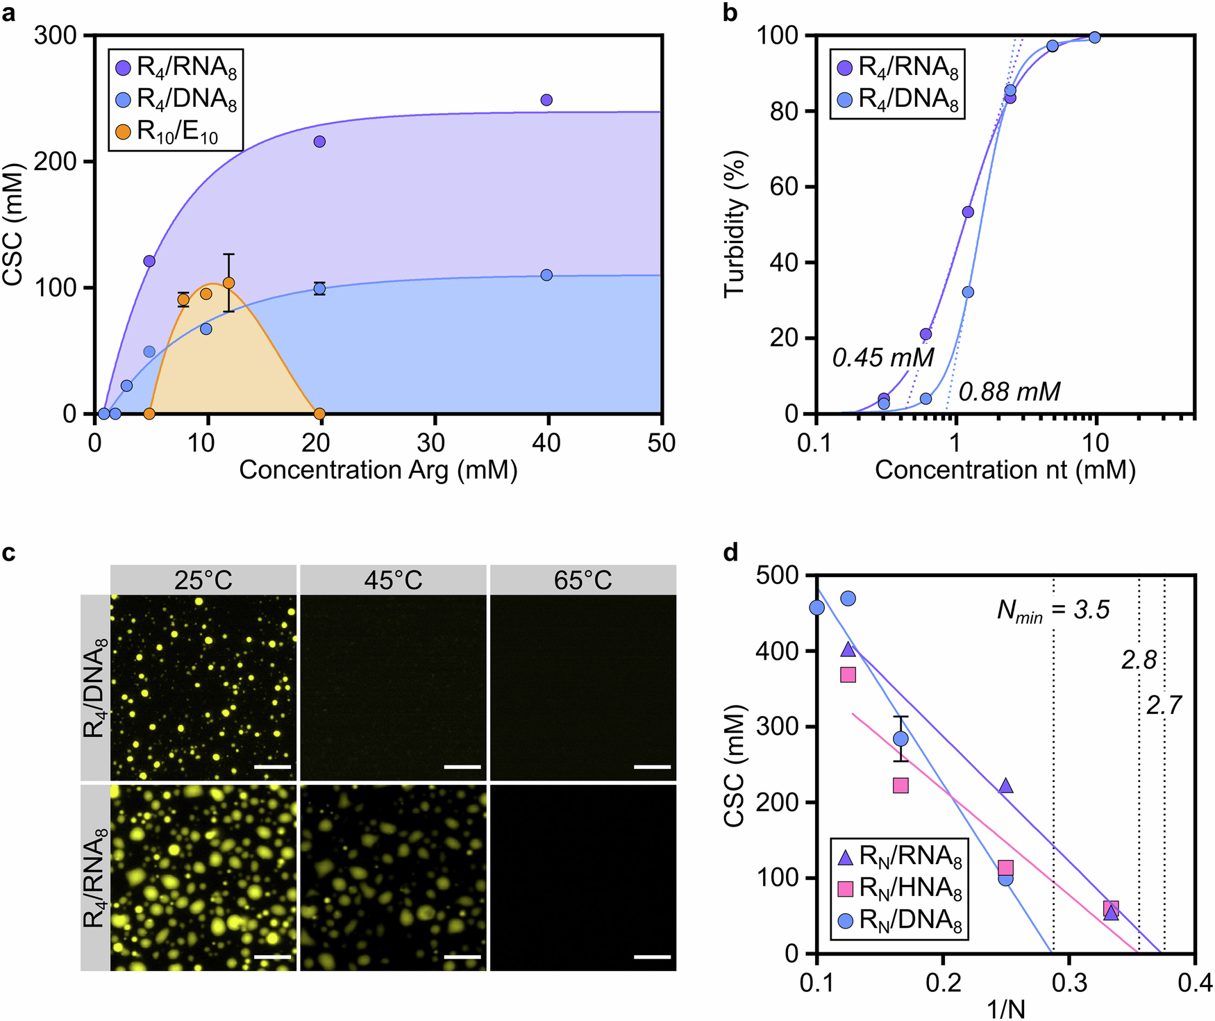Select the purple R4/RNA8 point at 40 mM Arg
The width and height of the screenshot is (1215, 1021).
coord(546,100)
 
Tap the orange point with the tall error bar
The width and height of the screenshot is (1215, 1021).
coord(228,283)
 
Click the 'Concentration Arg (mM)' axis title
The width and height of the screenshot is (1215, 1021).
coord(378,470)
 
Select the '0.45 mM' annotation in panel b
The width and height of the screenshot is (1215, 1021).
coord(882,358)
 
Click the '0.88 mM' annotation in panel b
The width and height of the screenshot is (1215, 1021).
coord(1009,392)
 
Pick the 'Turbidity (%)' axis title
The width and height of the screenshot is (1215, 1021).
coord(734,224)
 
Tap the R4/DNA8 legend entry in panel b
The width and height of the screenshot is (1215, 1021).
coord(898,99)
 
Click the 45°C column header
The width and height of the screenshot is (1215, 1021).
coord(393,580)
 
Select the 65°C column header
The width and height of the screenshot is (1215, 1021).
coord(583,580)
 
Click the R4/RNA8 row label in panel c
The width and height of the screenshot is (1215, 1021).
coord(95,878)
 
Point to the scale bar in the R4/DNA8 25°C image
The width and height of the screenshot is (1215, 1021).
coord(272,767)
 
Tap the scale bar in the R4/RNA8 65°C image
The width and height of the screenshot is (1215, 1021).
coord(652,956)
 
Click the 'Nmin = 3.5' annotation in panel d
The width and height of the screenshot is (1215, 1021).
coord(1053,611)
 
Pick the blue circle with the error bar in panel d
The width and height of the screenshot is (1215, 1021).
coord(900,738)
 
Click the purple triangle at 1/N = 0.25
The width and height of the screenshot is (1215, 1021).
coord(1005,786)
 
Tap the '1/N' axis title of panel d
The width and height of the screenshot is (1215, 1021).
coord(1005,1008)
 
